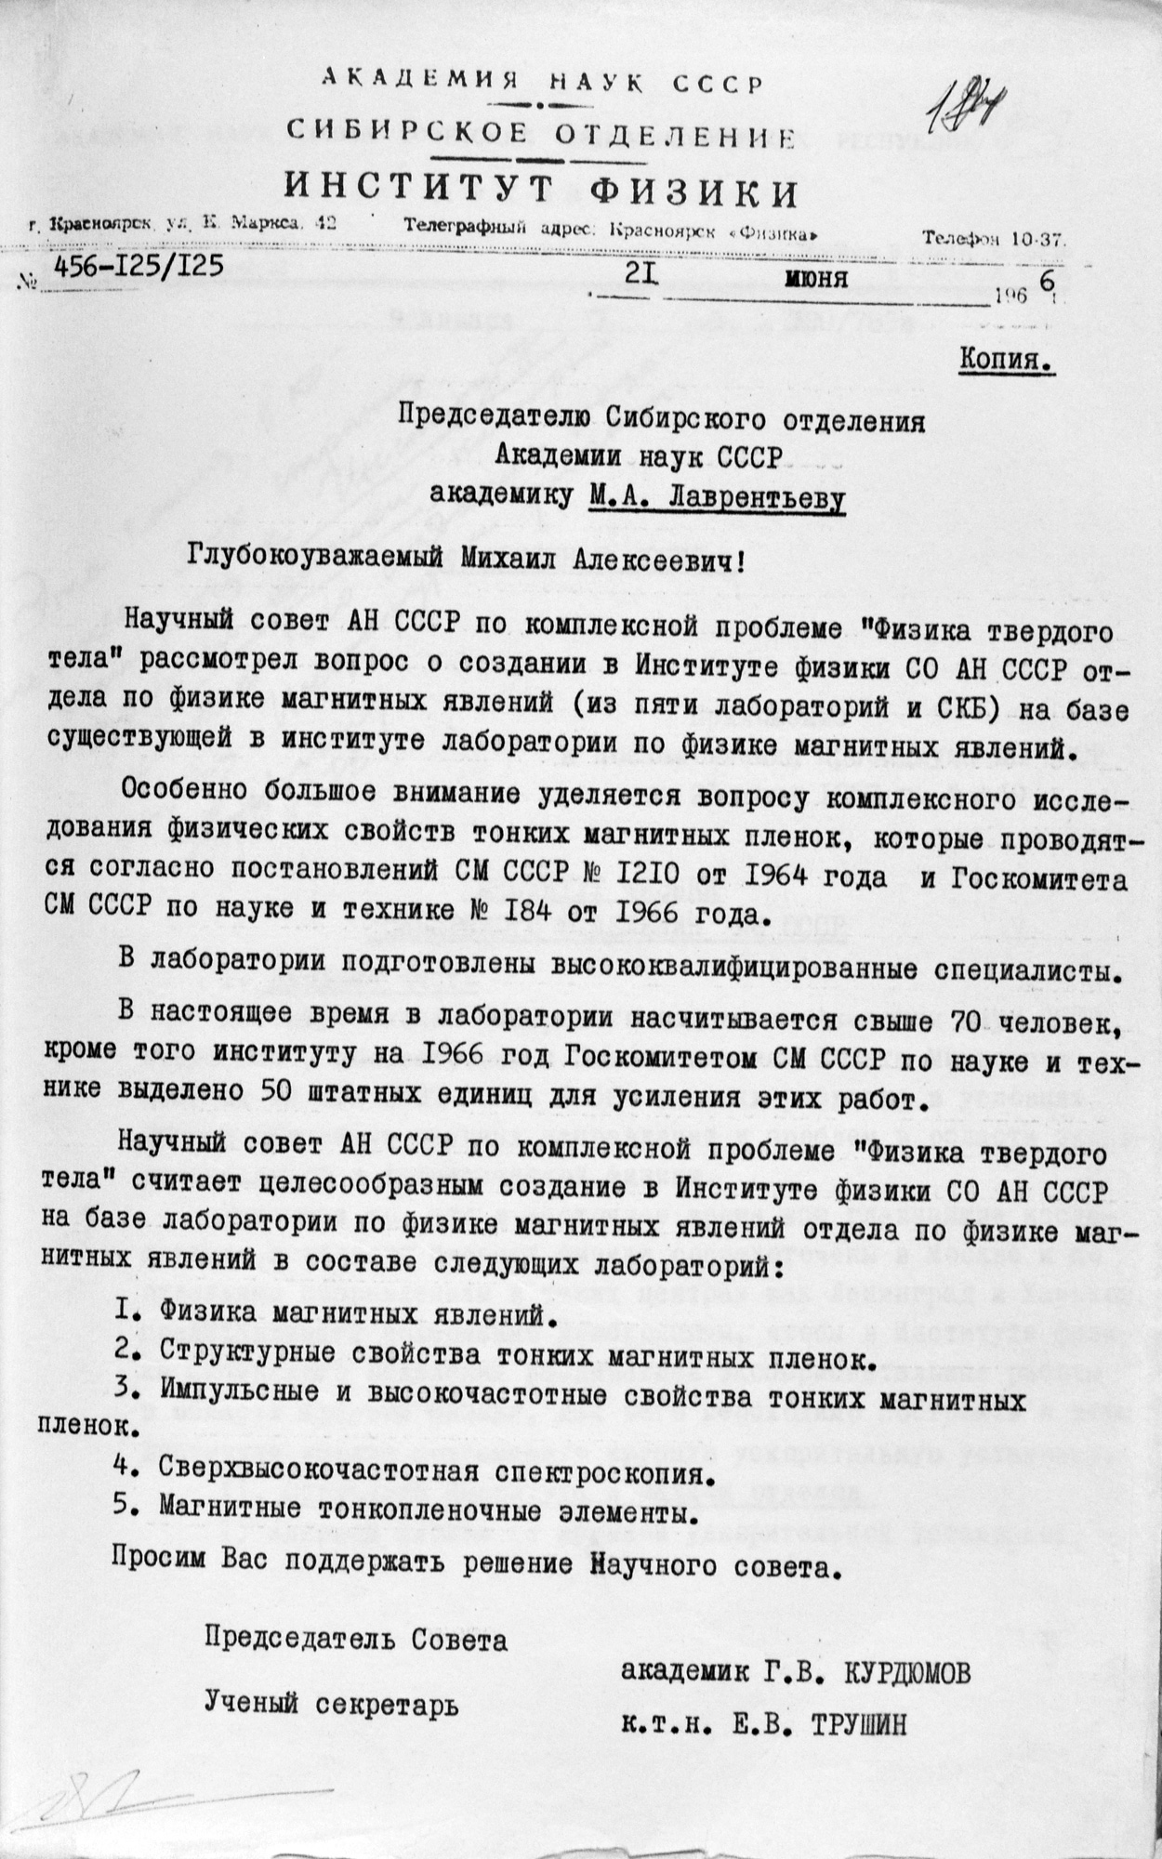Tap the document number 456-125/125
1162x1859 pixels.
pyautogui.click(x=139, y=267)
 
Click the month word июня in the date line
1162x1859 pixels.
pyautogui.click(x=815, y=278)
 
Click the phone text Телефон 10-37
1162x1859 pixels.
pyautogui.click(x=993, y=238)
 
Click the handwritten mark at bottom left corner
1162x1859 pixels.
pyautogui.click(x=74, y=1802)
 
